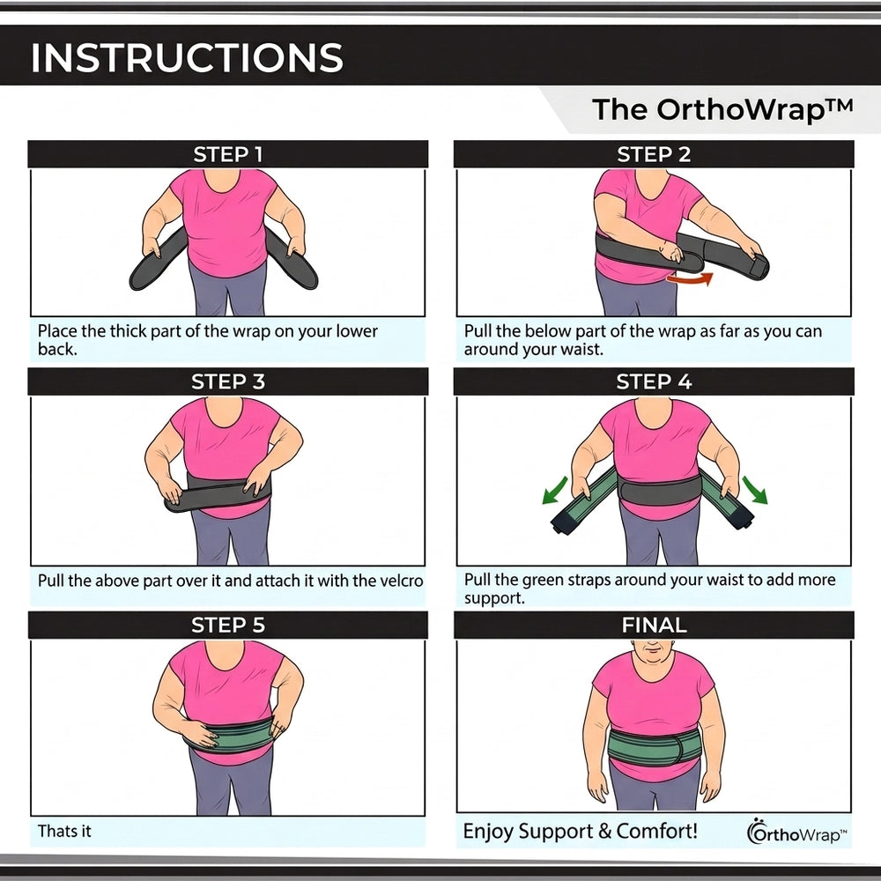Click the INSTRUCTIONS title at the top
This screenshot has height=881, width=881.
pos(187,57)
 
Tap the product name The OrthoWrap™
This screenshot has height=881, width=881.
pos(722,109)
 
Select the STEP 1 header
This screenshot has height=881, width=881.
pos(227,154)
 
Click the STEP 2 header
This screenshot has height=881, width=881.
pos(654,154)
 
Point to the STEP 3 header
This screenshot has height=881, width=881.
pos(227,382)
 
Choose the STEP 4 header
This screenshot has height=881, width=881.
pos(654,382)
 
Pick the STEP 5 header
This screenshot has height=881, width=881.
pos(227,626)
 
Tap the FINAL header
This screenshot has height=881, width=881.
pos(654,626)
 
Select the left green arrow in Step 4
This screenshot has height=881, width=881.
pos(555,489)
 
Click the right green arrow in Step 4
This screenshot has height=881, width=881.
pos(755,489)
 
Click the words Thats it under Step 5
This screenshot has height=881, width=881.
pos(64,831)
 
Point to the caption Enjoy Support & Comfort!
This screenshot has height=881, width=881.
pos(580,831)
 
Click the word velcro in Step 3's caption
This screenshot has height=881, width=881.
pos(401,581)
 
